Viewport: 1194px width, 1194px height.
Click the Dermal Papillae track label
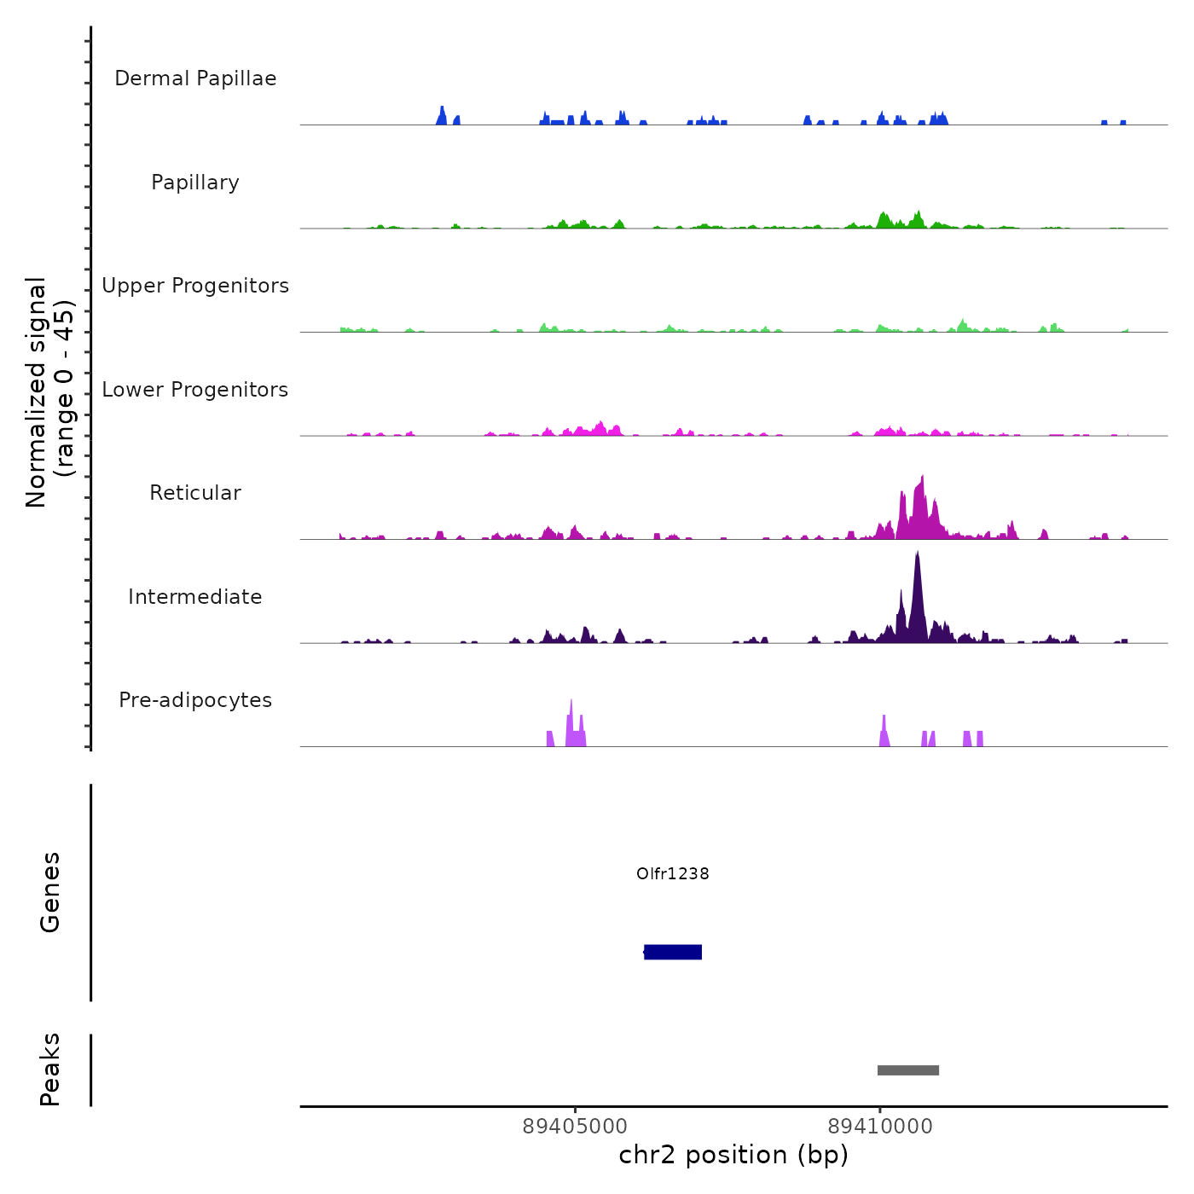click(x=195, y=78)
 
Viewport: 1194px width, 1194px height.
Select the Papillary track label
click(x=195, y=183)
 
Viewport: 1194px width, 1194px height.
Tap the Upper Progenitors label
click(x=195, y=286)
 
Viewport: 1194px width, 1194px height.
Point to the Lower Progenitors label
click(x=195, y=390)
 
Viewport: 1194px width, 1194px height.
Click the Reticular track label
click(x=195, y=493)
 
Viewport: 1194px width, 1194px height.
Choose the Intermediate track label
click(x=195, y=597)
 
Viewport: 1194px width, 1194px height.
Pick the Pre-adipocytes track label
click(x=195, y=700)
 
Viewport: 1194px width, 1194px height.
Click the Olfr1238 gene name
click(x=673, y=873)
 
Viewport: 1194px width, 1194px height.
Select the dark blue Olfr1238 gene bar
click(x=673, y=952)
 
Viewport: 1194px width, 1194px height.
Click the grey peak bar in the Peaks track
click(x=908, y=1070)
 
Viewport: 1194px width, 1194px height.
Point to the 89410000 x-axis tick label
click(x=880, y=1127)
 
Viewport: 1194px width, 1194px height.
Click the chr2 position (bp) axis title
click(x=733, y=1155)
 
